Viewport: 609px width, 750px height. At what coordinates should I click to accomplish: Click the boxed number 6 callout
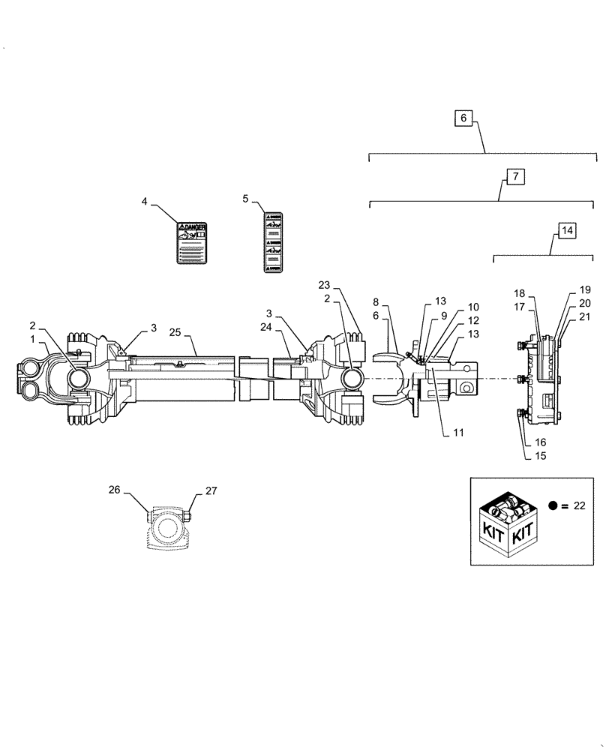(463, 118)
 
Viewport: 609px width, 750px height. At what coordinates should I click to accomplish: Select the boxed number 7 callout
(514, 177)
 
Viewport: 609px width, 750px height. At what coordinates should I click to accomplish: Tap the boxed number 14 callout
(567, 230)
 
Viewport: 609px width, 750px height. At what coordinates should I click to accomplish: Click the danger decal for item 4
(192, 242)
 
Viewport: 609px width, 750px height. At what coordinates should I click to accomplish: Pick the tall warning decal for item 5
(273, 242)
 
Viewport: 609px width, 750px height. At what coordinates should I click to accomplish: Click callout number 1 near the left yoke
(32, 339)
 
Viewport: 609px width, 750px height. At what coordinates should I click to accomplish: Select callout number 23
(323, 285)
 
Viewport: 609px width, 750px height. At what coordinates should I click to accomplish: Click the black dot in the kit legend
(553, 505)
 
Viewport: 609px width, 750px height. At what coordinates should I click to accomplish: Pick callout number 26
(114, 490)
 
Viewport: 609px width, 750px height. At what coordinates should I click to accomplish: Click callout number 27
(211, 491)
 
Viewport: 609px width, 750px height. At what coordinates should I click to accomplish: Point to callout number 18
(520, 292)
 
